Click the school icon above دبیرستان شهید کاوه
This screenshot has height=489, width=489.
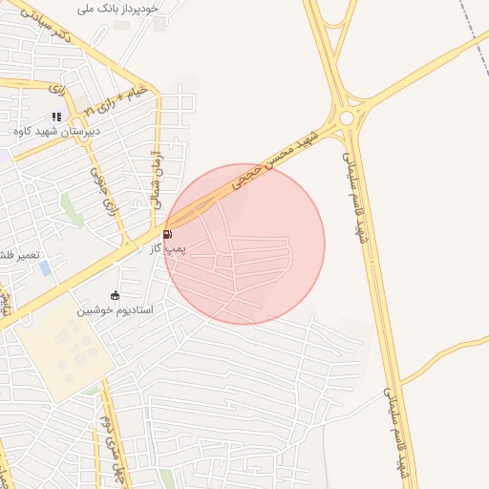tap(57, 117)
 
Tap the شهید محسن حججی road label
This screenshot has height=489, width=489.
tap(282, 159)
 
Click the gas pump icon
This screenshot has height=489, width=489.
tap(168, 234)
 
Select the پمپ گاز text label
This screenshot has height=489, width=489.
tap(167, 248)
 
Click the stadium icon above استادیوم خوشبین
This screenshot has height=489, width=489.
tap(116, 295)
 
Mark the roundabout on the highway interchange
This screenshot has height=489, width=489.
tap(346, 118)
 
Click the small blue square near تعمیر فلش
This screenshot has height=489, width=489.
tap(45, 268)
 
